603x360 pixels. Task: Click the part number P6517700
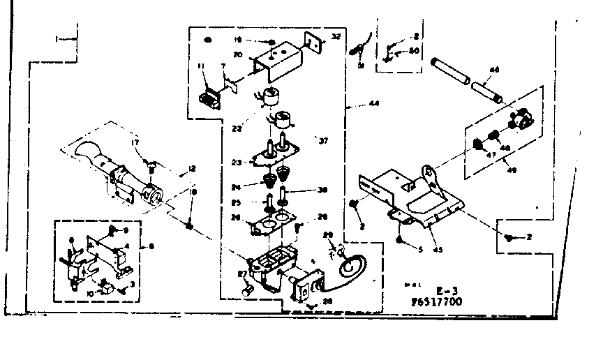tap(436, 301)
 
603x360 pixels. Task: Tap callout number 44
tap(374, 104)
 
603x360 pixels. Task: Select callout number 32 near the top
tap(336, 36)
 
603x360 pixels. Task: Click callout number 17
tap(135, 143)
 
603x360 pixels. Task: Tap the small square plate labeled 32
tap(313, 44)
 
